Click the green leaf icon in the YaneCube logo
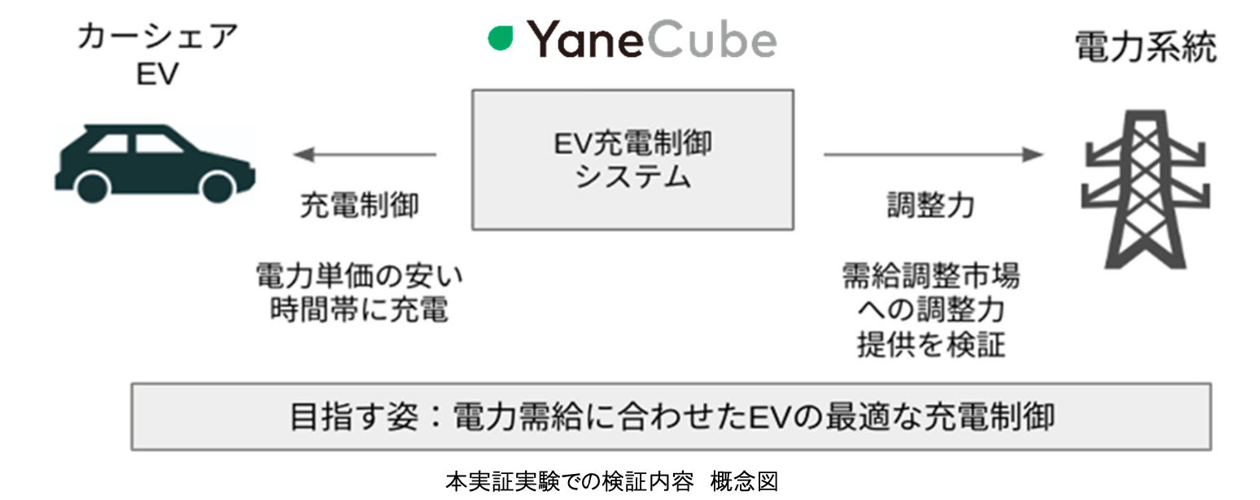[x=501, y=38]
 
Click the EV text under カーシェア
[x=157, y=74]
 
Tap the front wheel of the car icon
[x=92, y=186]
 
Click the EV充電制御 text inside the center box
[x=632, y=144]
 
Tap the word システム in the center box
[x=632, y=177]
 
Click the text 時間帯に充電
[x=359, y=311]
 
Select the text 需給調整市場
[x=930, y=277]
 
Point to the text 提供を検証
[x=930, y=346]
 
